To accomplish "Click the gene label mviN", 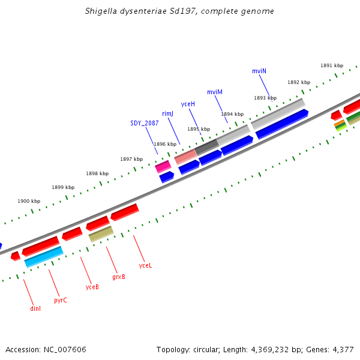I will [259, 71].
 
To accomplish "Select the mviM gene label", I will [215, 92].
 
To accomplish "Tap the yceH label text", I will [188, 104].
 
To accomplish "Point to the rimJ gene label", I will [167, 113].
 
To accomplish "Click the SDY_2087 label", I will [145, 123].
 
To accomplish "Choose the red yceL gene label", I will [145, 265].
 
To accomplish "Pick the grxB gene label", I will [119, 277].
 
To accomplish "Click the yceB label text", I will [92, 287].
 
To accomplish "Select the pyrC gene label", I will [61, 300].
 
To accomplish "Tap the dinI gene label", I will [35, 308].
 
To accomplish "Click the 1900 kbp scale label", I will [29, 202].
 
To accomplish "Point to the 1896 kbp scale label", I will [165, 144].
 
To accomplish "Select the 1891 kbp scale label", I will [332, 65].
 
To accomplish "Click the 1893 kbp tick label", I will [265, 98].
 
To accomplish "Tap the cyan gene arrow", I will [43, 256].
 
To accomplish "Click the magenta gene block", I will [163, 166].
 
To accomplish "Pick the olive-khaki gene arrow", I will [101, 233].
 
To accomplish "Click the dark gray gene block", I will [206, 146].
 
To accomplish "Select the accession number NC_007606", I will [64, 349].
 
